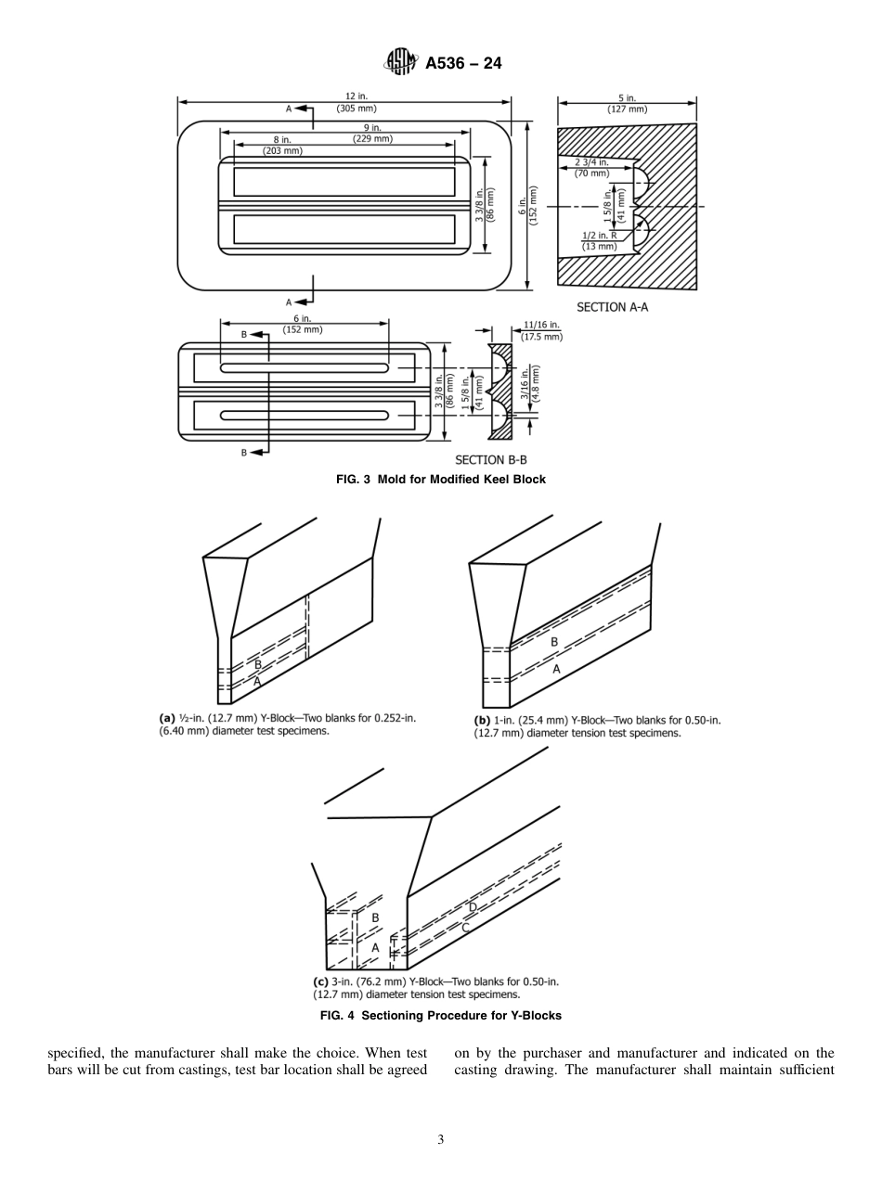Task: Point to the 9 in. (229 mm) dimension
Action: pyautogui.click(x=372, y=133)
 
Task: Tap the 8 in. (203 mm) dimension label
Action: pyautogui.click(x=281, y=145)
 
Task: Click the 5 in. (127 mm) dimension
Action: pyautogui.click(x=627, y=103)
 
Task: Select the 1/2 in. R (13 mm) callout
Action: pyautogui.click(x=599, y=240)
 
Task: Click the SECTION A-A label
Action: pyautogui.click(x=612, y=307)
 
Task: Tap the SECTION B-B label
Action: pyautogui.click(x=490, y=459)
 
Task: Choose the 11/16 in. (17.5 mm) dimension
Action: pyautogui.click(x=541, y=330)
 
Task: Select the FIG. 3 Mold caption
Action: pyautogui.click(x=440, y=480)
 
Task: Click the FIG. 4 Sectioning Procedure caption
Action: pyautogui.click(x=440, y=1016)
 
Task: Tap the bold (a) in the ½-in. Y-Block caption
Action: pyautogui.click(x=167, y=718)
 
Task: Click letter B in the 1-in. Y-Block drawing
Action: pyautogui.click(x=554, y=641)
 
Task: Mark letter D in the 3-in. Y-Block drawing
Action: pyautogui.click(x=472, y=907)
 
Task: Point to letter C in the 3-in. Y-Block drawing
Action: pyautogui.click(x=465, y=927)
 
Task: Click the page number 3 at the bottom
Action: pyautogui.click(x=440, y=1140)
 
